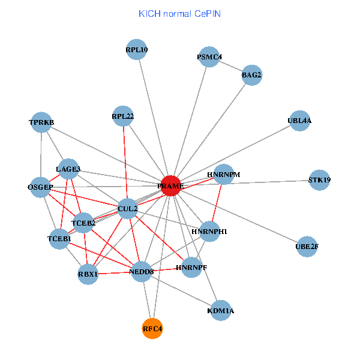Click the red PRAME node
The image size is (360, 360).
(x=170, y=186)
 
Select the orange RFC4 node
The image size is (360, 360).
(x=152, y=328)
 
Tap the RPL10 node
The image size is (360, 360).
(x=137, y=50)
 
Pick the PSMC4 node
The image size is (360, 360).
(x=209, y=58)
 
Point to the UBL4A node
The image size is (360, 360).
(x=299, y=121)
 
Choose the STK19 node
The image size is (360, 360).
(x=319, y=180)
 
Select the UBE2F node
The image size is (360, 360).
(x=307, y=246)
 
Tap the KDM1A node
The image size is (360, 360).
(x=221, y=311)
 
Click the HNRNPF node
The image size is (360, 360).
(x=191, y=267)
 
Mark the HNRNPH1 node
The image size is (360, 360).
(x=209, y=232)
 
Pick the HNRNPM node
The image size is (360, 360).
(x=223, y=175)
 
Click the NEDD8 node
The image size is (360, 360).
(x=142, y=272)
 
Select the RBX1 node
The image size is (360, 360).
(x=88, y=274)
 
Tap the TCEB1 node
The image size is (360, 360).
(x=59, y=239)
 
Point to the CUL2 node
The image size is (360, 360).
(x=128, y=209)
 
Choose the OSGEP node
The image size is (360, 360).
(x=40, y=187)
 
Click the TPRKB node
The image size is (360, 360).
(x=41, y=122)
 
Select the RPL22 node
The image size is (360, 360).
(x=123, y=116)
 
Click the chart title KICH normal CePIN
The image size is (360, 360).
(x=179, y=13)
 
